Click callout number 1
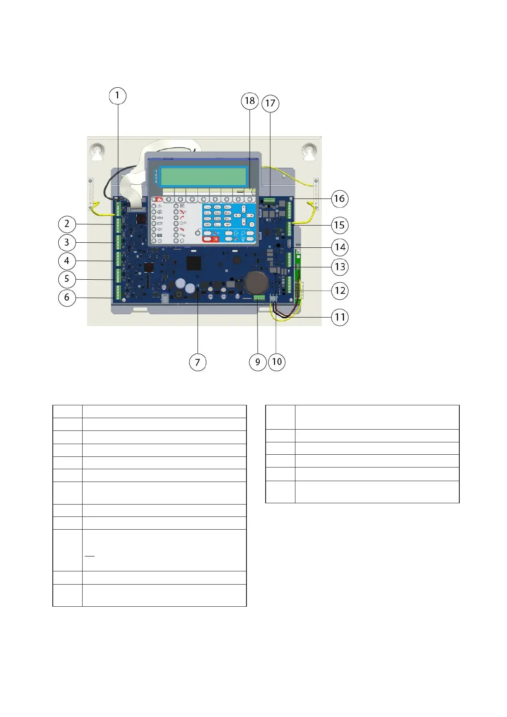(x=117, y=96)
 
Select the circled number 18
(x=250, y=101)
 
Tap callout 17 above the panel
(x=270, y=103)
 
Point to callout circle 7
(x=198, y=362)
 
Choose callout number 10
(x=277, y=362)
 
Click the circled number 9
(x=258, y=362)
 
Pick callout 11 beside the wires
(x=340, y=317)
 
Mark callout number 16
(x=339, y=199)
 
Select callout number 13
(x=340, y=267)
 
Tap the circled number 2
(x=67, y=224)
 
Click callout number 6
(x=67, y=297)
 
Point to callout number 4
(x=67, y=261)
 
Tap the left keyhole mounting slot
(x=98, y=152)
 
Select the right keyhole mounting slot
(x=310, y=152)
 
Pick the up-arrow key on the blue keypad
(x=243, y=209)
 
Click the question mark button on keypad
(x=252, y=224)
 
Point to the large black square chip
(x=194, y=263)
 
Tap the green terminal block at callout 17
(x=269, y=200)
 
